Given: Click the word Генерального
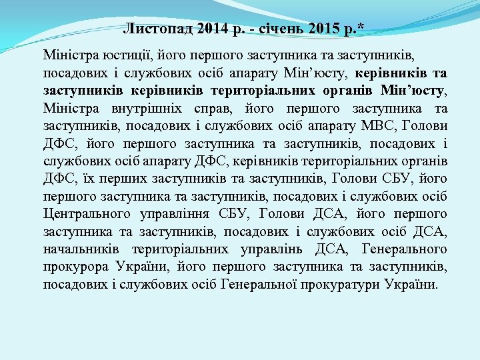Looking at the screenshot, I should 405,249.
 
